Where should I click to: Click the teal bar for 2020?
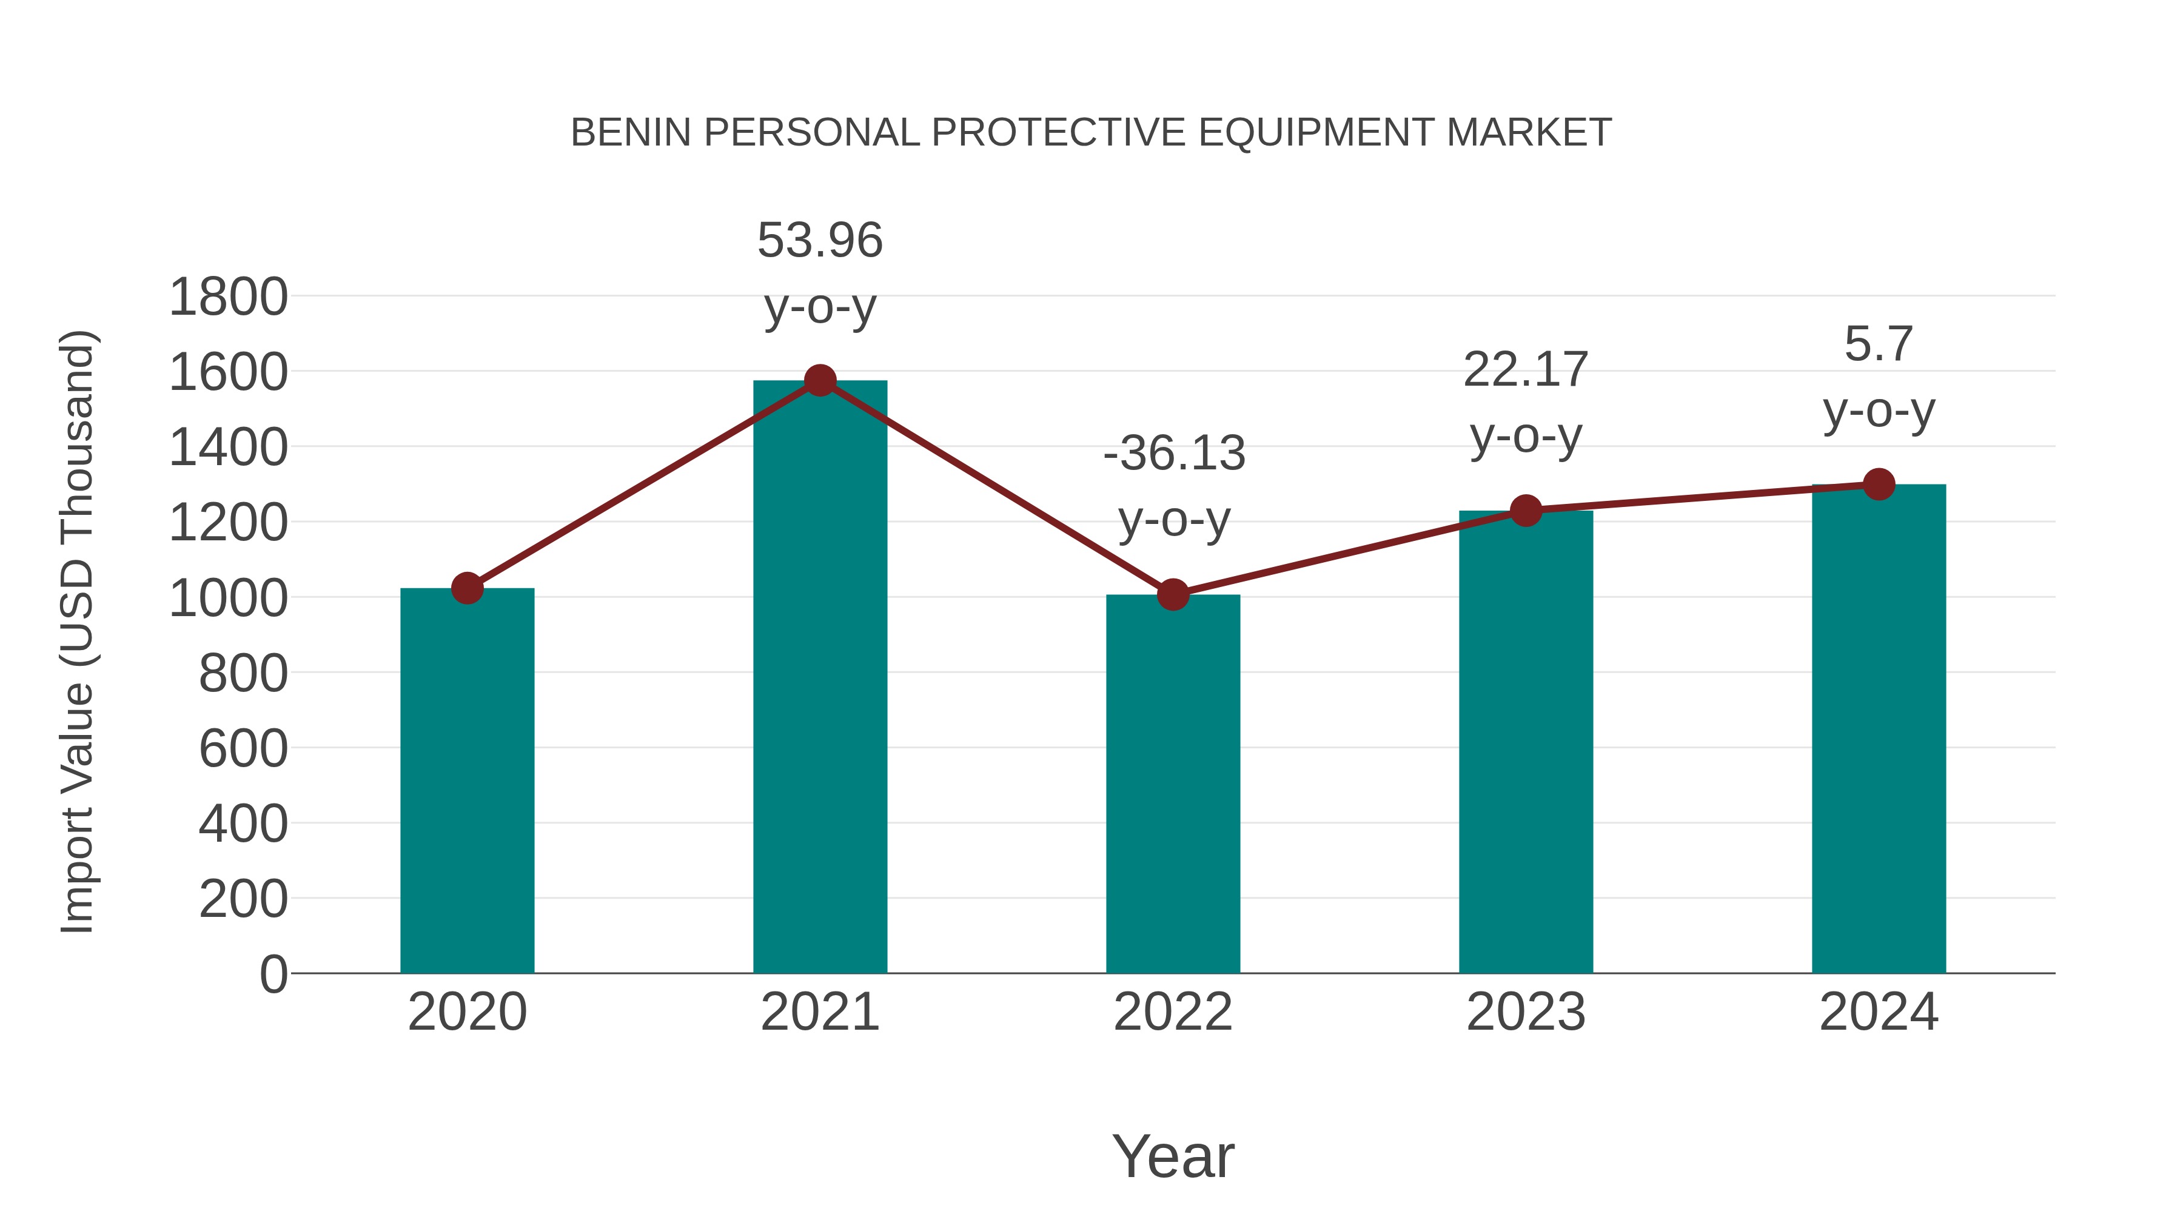tap(467, 780)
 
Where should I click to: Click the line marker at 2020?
tap(467, 587)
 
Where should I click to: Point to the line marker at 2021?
tap(819, 380)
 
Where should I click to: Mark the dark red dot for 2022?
tap(1173, 594)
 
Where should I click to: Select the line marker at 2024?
tap(1879, 485)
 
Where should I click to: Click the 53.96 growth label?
tap(819, 241)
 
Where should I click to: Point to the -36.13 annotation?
tap(1174, 454)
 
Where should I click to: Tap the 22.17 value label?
tap(1526, 371)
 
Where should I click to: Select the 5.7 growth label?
tap(1879, 344)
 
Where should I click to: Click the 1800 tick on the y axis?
tap(228, 298)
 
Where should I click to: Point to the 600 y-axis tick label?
tap(243, 749)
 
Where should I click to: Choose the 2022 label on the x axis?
tap(1173, 1012)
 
